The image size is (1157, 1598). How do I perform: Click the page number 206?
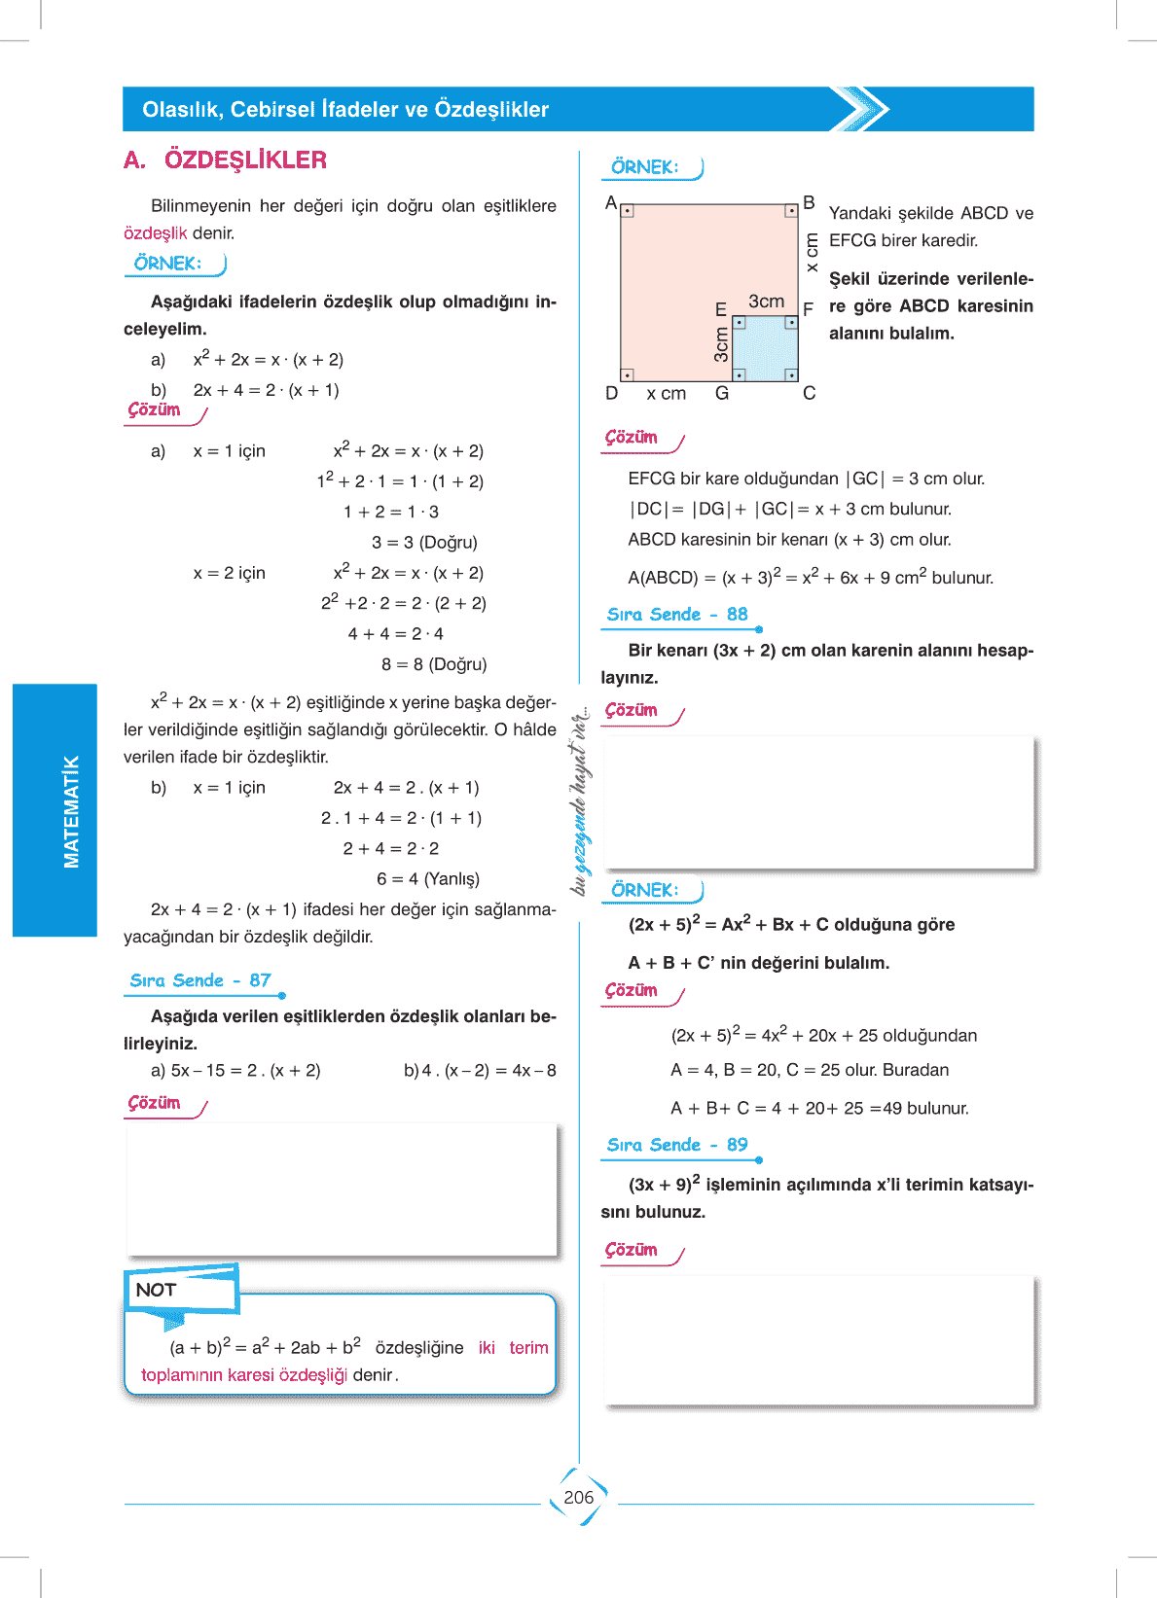(578, 1497)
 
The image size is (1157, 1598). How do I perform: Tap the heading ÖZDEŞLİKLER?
(245, 160)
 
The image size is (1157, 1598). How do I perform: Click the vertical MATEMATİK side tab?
(71, 810)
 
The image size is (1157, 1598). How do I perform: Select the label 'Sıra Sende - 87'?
(200, 980)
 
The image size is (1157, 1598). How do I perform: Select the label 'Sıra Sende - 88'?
(677, 614)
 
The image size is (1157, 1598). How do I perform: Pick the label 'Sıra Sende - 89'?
(677, 1145)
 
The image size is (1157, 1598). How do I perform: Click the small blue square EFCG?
(765, 348)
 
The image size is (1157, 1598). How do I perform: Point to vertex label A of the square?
(611, 203)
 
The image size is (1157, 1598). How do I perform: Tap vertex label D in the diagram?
(611, 393)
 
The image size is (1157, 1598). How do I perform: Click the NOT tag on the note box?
(156, 1290)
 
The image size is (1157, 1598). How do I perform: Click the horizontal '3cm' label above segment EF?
(766, 302)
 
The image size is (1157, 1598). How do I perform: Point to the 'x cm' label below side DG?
(667, 393)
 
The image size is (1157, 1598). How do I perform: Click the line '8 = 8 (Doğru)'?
(434, 664)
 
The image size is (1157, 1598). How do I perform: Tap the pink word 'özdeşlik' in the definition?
(155, 232)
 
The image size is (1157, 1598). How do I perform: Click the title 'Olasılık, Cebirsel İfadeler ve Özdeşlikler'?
(345, 109)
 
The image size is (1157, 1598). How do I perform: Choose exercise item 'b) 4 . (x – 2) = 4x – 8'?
(480, 1070)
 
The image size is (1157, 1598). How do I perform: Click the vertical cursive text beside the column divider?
(580, 799)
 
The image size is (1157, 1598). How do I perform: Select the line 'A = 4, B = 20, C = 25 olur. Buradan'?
(810, 1070)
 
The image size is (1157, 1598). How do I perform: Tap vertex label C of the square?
(809, 393)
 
